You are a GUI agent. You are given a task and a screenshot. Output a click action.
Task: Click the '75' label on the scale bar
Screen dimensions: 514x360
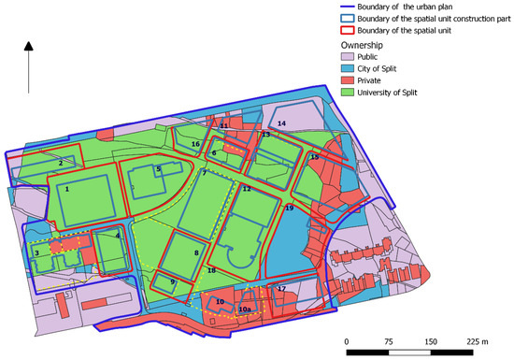click(386, 341)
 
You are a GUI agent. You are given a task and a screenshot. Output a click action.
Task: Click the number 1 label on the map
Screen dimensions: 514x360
click(66, 188)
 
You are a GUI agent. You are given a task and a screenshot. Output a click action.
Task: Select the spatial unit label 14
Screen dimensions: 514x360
click(281, 123)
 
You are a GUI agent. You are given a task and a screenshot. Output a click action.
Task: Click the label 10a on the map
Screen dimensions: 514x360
click(246, 309)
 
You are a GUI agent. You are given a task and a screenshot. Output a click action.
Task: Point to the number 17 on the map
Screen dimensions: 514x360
click(281, 289)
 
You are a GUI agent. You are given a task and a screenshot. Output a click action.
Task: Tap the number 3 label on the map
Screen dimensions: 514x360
click(36, 252)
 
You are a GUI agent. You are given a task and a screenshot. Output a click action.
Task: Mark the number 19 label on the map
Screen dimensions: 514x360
click(289, 208)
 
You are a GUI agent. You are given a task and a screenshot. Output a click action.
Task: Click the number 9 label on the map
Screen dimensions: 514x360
click(172, 281)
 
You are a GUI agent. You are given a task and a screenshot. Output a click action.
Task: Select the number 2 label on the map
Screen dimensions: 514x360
click(60, 163)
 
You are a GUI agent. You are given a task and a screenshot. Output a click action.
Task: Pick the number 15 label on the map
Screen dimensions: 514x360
click(314, 157)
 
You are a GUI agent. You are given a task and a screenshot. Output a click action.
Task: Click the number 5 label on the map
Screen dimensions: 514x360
click(159, 169)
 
